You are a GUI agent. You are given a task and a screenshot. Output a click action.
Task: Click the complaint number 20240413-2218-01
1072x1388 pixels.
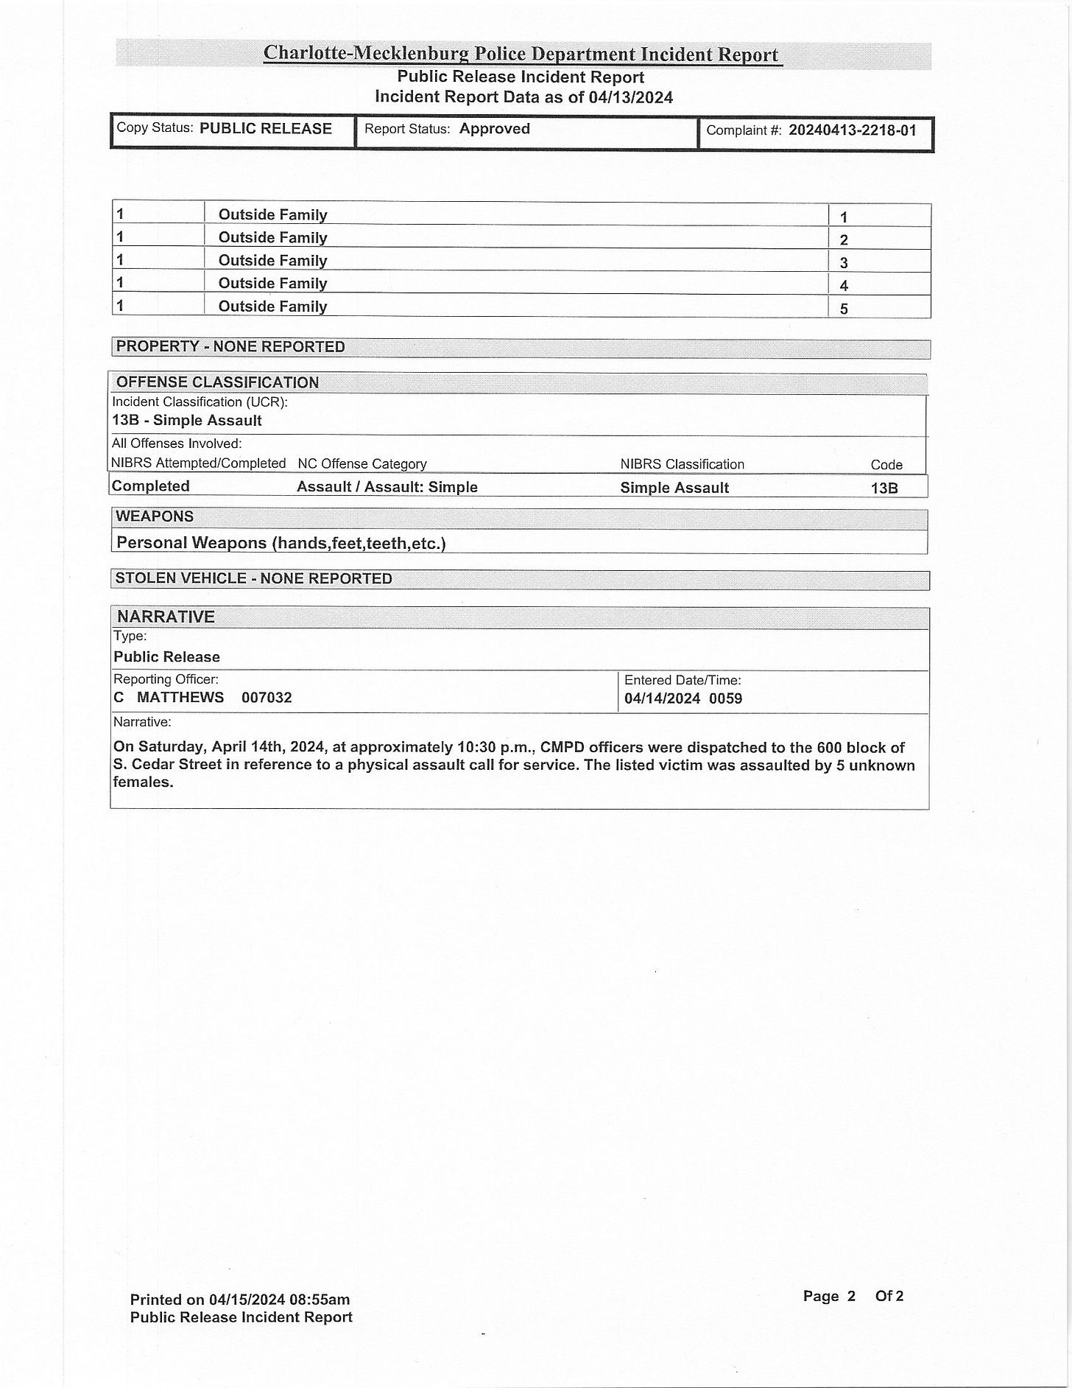tap(852, 131)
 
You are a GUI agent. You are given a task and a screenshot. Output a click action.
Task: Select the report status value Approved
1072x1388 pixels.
tap(494, 129)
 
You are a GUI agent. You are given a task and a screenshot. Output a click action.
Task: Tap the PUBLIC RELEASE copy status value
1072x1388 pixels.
tap(265, 129)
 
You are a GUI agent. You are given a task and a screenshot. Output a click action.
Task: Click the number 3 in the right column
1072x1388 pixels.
tap(844, 263)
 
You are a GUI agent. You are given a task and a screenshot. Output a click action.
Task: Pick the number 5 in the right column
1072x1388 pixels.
tap(844, 309)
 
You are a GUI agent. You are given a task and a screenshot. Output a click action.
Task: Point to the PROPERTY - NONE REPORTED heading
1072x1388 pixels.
tap(230, 347)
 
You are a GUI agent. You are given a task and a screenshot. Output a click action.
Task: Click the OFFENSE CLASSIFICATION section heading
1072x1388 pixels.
tap(217, 382)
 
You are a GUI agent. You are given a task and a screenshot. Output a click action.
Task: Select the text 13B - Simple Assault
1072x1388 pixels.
tap(187, 421)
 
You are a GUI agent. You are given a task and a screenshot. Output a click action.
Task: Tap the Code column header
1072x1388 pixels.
tap(886, 465)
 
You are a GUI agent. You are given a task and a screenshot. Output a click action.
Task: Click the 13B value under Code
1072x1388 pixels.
tap(884, 488)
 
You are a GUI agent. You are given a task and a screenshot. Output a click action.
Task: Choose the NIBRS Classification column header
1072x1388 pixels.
tap(682, 464)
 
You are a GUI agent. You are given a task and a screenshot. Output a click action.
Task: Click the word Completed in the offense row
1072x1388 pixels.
tap(151, 486)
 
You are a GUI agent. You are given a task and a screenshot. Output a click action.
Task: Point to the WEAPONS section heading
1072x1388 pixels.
tap(155, 516)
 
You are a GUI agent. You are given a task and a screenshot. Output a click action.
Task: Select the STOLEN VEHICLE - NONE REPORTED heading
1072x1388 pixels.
tap(253, 579)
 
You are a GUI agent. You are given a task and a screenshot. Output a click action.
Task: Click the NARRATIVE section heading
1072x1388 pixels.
tap(166, 617)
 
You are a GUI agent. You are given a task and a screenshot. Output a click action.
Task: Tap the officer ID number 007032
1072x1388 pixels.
tap(267, 698)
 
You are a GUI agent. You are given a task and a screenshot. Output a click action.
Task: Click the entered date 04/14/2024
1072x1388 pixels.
tap(662, 698)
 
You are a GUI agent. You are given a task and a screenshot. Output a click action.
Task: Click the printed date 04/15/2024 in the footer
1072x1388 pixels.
tap(249, 1299)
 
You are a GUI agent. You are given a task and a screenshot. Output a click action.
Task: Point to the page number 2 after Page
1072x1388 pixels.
tap(851, 1296)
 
